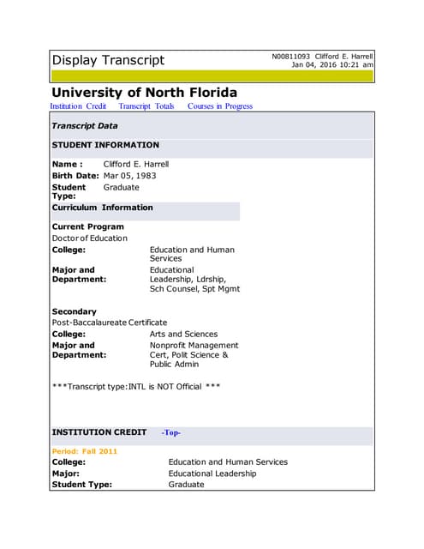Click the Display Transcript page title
pos(108,60)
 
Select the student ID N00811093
pos(292,57)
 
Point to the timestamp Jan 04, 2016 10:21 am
pos(332,65)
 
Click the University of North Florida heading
pos(144,93)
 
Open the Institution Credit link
pos(78,106)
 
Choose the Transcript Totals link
pos(146,106)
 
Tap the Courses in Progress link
pos(220,106)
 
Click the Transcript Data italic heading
pos(85,126)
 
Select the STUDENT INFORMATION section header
pos(105,145)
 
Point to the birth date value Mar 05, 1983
pos(129,176)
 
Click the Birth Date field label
pos(75,176)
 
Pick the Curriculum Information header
pos(102,208)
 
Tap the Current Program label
pos(87,227)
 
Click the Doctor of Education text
pos(89,238)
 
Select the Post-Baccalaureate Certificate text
pos(110,323)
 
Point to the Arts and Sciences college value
pos(183,334)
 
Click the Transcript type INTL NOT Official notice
pos(136,387)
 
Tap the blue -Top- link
pos(171,433)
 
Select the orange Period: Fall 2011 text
pos(85,451)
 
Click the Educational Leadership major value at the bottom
pos(224,474)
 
